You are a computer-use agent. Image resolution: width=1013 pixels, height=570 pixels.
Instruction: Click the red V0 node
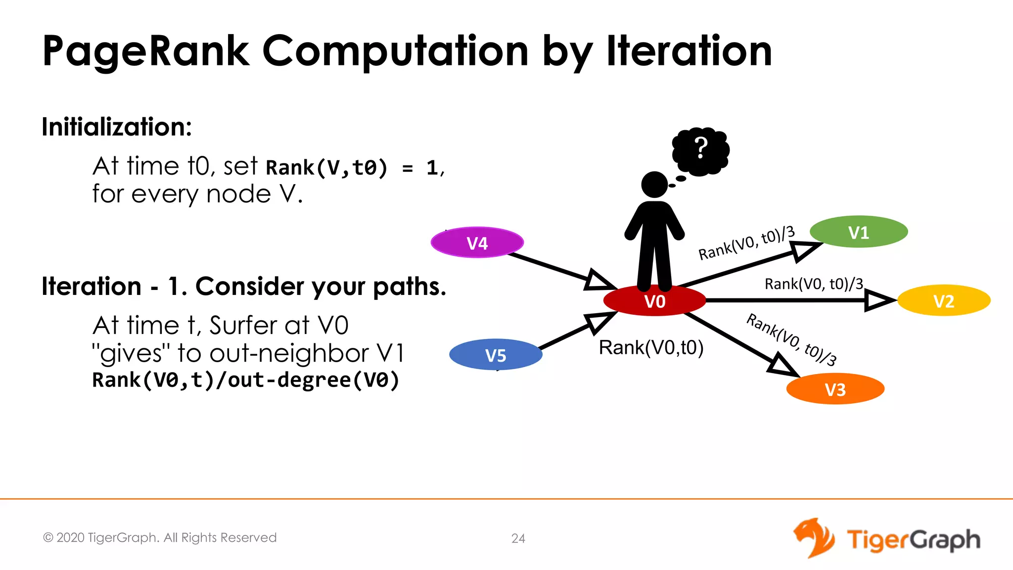654,301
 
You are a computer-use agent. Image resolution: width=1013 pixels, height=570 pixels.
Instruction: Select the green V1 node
859,232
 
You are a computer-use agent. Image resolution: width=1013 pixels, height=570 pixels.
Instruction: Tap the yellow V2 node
944,301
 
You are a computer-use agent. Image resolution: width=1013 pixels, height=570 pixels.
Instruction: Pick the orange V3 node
835,389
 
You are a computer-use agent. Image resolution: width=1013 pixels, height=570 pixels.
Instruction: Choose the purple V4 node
477,243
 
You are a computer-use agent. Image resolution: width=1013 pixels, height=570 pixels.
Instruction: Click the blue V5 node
496,355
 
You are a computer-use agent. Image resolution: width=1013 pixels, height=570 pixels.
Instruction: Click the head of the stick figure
654,185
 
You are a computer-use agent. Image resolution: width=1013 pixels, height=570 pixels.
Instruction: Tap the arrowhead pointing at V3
783,366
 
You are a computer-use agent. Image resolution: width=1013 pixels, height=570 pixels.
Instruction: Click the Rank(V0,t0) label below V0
651,348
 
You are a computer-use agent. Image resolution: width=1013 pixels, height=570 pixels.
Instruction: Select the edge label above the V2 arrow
814,284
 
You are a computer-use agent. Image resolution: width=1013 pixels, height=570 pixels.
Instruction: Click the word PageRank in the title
146,52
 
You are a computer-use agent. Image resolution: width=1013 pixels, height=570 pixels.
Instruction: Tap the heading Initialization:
117,127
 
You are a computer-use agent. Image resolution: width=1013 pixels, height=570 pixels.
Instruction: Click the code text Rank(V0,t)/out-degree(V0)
245,380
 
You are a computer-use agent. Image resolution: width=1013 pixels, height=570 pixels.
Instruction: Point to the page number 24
518,538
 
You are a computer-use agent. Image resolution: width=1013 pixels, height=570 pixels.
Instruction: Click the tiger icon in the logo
814,538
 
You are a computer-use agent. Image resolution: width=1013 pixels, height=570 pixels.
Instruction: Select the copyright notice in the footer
160,538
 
